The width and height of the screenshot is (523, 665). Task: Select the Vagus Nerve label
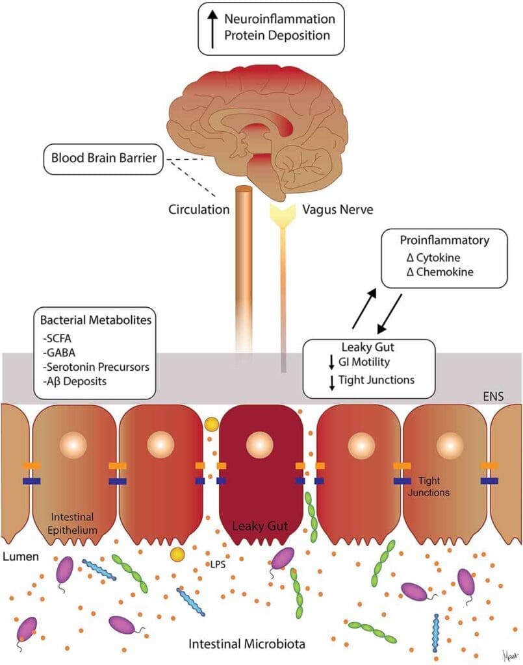click(335, 210)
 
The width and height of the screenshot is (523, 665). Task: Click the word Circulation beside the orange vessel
click(199, 210)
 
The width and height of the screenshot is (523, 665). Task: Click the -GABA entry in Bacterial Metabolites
click(57, 352)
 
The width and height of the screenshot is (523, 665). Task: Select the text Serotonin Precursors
click(96, 367)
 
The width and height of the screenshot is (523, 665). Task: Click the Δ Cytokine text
click(431, 258)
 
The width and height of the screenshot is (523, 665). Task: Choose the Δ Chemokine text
click(437, 273)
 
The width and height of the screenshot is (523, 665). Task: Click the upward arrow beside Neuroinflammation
click(212, 27)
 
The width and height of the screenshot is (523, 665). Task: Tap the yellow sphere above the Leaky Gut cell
click(211, 425)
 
